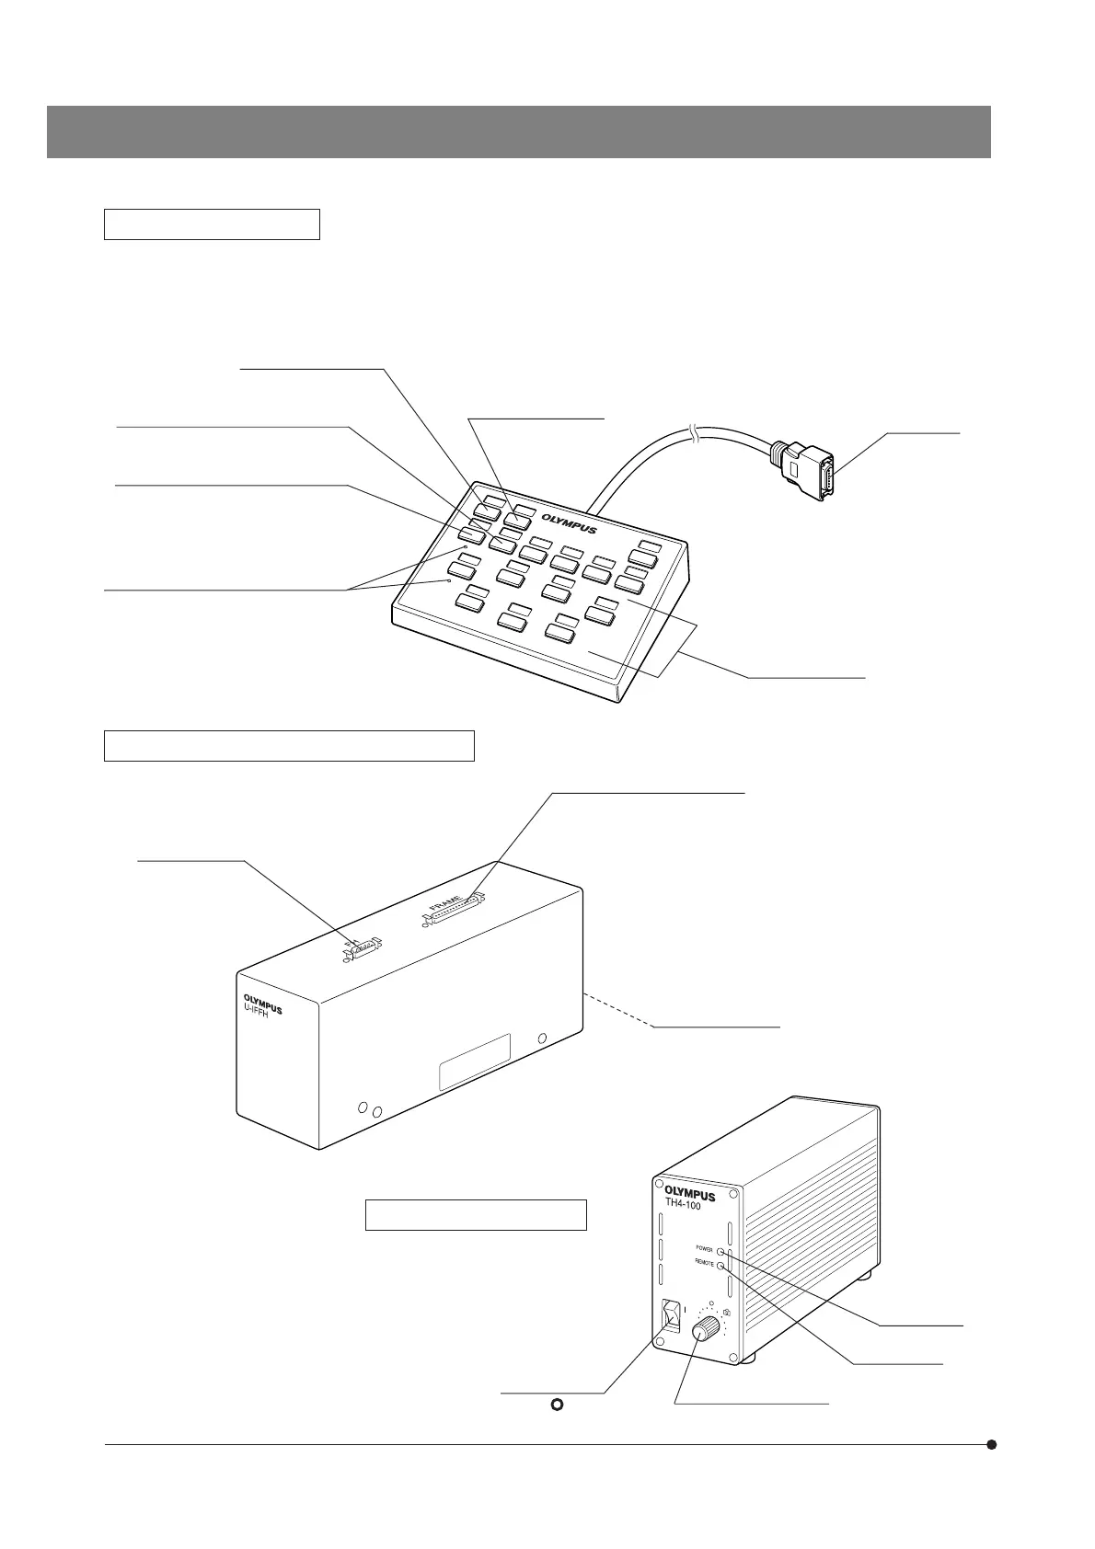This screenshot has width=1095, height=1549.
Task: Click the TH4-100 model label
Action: [684, 1205]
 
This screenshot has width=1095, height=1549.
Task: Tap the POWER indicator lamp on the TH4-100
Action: [720, 1251]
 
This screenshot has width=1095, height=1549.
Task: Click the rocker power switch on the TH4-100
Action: [672, 1315]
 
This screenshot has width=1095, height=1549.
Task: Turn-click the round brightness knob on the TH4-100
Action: [707, 1328]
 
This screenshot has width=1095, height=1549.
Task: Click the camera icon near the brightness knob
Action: [727, 1312]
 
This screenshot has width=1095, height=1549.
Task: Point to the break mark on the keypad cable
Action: [697, 435]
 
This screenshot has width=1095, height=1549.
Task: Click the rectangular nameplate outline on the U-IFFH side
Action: [474, 1062]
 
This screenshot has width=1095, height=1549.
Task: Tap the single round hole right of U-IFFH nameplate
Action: [542, 1038]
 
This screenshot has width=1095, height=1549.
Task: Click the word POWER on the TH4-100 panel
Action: [704, 1250]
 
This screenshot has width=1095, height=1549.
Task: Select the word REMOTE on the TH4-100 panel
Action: [704, 1265]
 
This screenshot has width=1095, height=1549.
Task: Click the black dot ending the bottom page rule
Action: [992, 1444]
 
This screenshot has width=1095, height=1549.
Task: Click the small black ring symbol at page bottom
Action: [556, 1406]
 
